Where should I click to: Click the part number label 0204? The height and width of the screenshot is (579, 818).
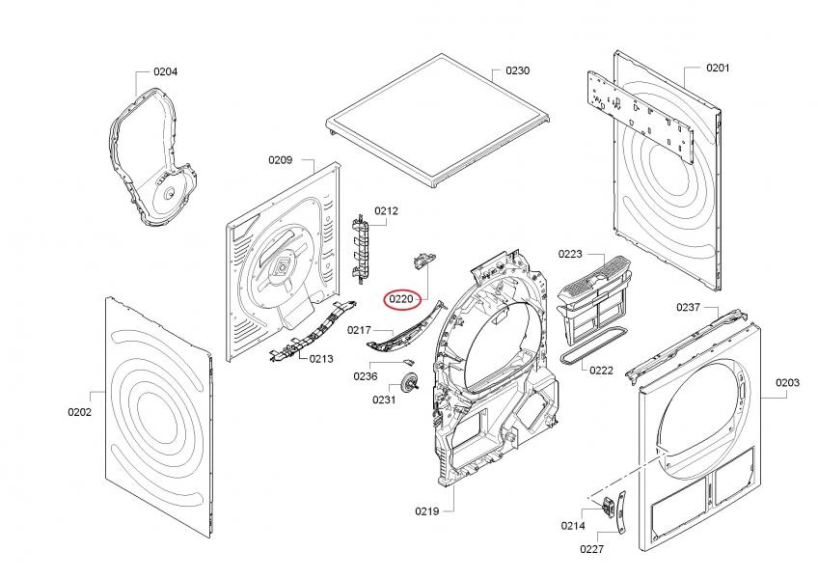[165, 71]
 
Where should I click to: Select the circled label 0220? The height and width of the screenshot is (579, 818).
[401, 299]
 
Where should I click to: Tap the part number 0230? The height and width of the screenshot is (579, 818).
[518, 71]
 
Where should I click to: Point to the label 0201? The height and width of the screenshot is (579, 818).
[718, 68]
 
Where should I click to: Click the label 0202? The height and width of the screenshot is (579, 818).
[79, 412]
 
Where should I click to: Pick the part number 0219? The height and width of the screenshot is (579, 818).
[427, 510]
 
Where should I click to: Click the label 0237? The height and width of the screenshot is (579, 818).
[687, 307]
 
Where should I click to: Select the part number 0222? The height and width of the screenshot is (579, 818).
[601, 371]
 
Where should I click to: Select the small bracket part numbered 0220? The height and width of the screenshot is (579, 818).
[423, 258]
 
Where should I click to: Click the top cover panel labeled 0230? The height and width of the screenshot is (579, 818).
[439, 125]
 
